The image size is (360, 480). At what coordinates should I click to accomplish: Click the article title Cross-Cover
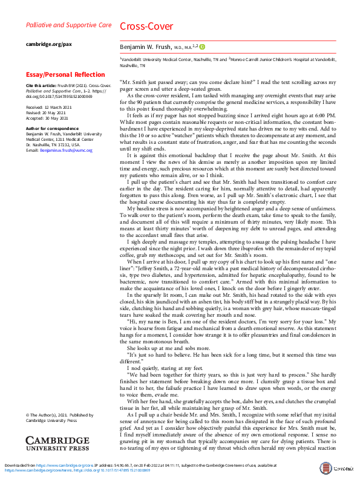[x=146, y=27]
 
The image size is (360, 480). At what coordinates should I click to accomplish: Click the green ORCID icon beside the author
[x=203, y=46]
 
